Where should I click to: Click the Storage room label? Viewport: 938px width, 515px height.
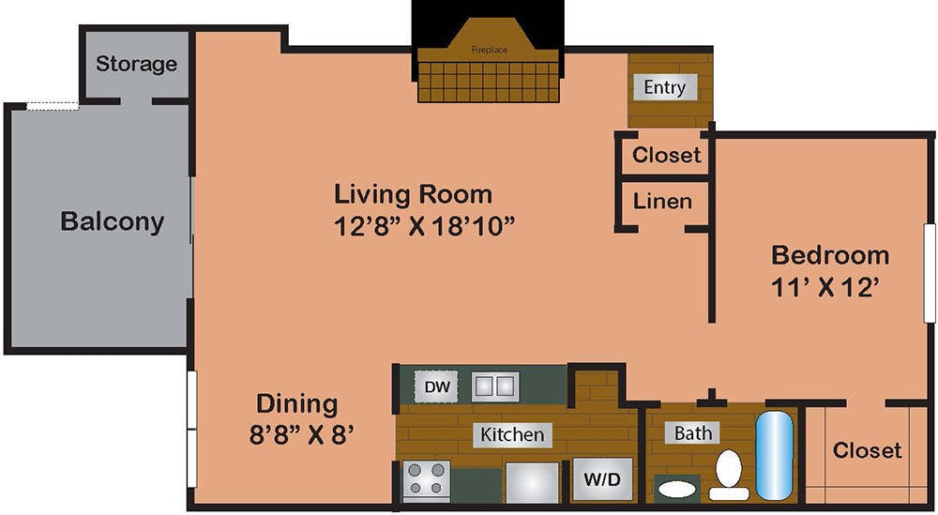click(136, 64)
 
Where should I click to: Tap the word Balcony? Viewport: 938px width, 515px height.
click(112, 222)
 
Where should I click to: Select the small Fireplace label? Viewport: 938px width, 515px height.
click(489, 49)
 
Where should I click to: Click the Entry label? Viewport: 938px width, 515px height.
click(665, 87)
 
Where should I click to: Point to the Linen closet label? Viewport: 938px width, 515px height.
click(662, 201)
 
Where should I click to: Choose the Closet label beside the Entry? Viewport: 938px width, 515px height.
click(666, 155)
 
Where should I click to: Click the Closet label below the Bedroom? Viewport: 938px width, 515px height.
click(867, 450)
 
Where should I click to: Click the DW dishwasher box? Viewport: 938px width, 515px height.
click(434, 386)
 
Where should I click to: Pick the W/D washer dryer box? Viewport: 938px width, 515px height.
click(602, 480)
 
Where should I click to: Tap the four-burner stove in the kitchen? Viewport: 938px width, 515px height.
click(427, 481)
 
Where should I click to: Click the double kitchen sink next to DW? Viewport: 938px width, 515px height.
click(494, 386)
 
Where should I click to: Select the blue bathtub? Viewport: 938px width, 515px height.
click(775, 455)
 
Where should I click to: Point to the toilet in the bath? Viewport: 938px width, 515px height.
click(729, 475)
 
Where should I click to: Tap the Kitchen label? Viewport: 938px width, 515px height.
click(512, 434)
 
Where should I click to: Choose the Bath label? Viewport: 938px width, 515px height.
click(693, 432)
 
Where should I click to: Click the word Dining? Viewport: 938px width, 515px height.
click(296, 404)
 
